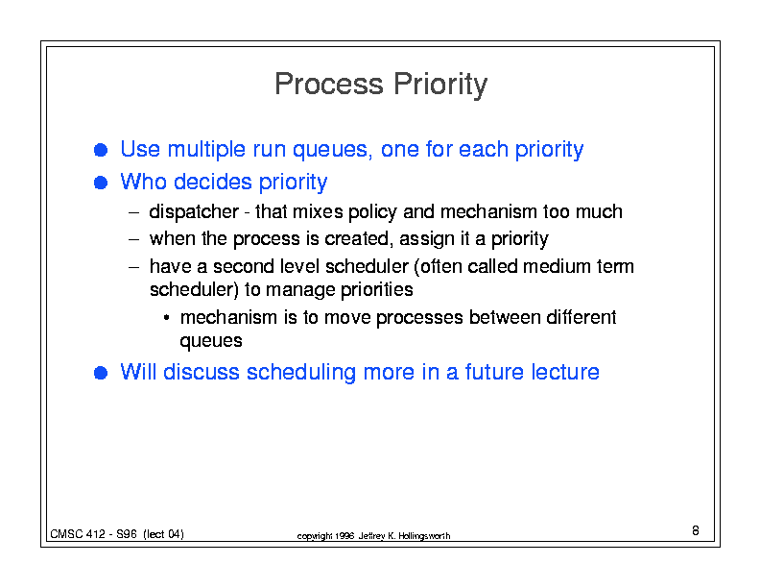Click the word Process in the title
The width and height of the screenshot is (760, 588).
329,84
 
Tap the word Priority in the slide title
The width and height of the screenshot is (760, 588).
440,85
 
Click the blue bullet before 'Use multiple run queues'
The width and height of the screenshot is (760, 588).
101,150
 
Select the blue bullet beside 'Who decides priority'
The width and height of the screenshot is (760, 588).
101,183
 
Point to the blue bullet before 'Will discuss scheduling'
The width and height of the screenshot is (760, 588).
101,373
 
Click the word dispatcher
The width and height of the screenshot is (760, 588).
194,212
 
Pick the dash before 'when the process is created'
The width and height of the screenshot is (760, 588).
133,239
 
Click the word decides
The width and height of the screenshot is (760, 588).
213,182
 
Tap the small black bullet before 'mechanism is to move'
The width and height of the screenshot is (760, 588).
166,318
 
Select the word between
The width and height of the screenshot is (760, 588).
505,317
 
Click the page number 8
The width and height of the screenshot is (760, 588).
696,530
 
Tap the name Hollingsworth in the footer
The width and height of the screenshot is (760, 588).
424,536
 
